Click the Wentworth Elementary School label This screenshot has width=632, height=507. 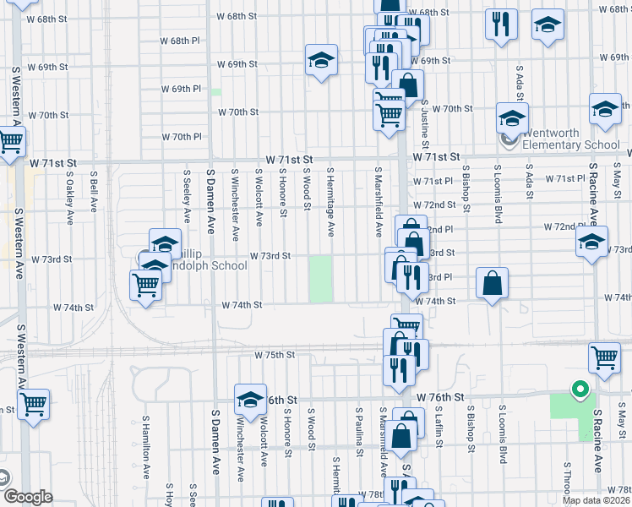click(570, 139)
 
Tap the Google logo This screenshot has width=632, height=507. click(29, 497)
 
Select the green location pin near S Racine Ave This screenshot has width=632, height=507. click(579, 390)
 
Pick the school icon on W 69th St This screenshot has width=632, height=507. click(321, 60)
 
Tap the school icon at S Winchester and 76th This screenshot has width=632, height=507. click(249, 399)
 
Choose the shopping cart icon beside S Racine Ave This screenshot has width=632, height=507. click(604, 357)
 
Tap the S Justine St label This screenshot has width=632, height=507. click(425, 119)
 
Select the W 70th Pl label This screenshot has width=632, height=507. click(182, 137)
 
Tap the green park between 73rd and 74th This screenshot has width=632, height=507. click(320, 280)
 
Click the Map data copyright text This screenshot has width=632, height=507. click(595, 500)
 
